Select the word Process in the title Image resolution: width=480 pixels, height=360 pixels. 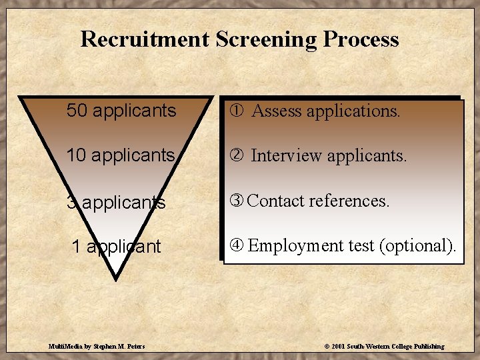pyautogui.click(x=361, y=39)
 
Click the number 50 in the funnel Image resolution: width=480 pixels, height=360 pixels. pyautogui.click(x=77, y=111)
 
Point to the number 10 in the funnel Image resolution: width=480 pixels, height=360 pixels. pyautogui.click(x=77, y=155)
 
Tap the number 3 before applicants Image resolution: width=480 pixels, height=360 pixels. pyautogui.click(x=71, y=202)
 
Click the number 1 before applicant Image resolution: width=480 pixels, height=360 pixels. pyautogui.click(x=76, y=247)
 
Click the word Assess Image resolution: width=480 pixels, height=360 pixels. pyautogui.click(x=276, y=111)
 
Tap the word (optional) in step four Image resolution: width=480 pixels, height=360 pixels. pyautogui.click(x=417, y=246)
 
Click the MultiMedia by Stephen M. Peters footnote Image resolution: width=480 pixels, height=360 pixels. pyautogui.click(x=97, y=347)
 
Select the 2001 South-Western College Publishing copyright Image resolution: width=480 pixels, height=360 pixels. pyautogui.click(x=384, y=347)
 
